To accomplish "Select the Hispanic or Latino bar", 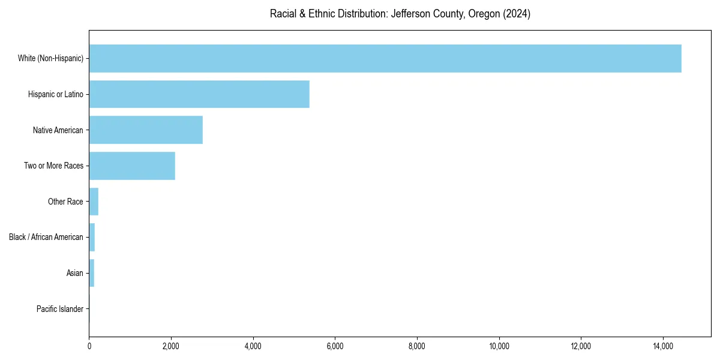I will point(199,94).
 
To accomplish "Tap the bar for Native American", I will point(146,130).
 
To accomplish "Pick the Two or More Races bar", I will point(132,166).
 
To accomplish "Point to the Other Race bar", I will point(94,202).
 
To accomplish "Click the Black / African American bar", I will point(92,237).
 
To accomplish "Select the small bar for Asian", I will point(92,273).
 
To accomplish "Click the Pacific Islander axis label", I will point(60,309).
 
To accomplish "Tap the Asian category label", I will point(75,273).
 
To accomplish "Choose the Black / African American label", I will point(46,237).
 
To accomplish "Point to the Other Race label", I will point(65,202).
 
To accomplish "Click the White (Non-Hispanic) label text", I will point(50,58).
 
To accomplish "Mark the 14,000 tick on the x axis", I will point(663,346).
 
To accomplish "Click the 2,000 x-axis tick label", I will point(171,346).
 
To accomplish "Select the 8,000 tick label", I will point(417,346).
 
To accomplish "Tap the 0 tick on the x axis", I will point(89,346).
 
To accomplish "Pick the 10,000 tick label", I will point(499,346).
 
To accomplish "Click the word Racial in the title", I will point(284,14).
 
